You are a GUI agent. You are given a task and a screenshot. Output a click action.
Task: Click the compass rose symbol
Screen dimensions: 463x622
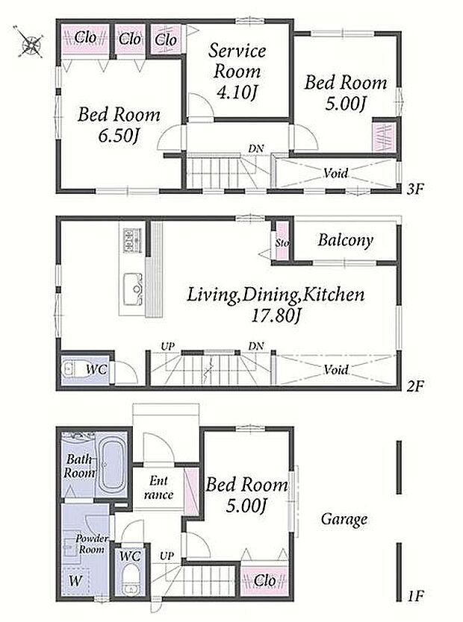[x=30, y=43]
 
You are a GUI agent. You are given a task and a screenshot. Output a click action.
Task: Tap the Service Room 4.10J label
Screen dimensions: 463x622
[x=237, y=72]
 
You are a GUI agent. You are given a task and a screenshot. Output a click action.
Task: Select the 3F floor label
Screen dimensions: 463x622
[x=415, y=189]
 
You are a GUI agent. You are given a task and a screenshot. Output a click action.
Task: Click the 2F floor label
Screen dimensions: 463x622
[x=415, y=385]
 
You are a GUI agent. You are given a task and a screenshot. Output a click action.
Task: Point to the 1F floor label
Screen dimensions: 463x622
[x=415, y=595]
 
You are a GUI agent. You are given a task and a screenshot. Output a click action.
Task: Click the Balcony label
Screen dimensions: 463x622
[x=346, y=240]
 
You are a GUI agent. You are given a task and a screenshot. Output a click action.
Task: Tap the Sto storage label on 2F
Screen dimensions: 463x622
[x=282, y=243]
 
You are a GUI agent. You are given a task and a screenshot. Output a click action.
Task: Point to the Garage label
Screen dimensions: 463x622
[x=344, y=519]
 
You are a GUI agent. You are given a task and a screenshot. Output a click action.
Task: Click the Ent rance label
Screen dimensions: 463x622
[x=159, y=488]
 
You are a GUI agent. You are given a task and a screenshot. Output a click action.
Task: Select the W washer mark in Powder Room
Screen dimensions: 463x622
[x=75, y=581]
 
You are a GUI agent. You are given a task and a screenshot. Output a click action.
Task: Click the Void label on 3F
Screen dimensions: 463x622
[x=335, y=173]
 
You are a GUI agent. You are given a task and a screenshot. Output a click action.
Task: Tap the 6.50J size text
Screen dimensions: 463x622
[x=118, y=136]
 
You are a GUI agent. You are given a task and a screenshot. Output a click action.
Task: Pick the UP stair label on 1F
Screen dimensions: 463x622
[x=167, y=556]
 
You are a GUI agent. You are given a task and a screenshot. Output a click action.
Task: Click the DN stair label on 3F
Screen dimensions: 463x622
[x=255, y=148]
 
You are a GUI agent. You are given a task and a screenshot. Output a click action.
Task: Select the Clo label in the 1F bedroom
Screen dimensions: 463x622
[x=264, y=581]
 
